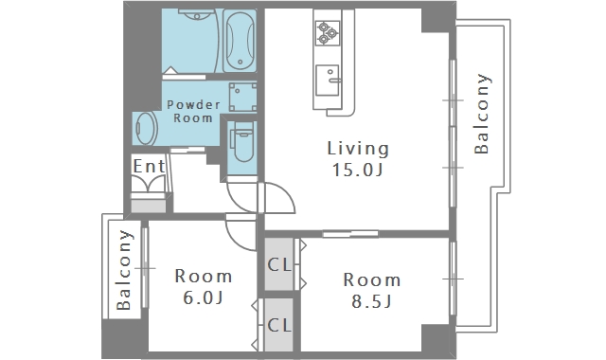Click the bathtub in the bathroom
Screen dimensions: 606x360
point(240,41)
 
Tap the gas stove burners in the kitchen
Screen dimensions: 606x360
point(328,33)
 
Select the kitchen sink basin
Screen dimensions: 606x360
point(328,81)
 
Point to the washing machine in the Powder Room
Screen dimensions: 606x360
point(242,97)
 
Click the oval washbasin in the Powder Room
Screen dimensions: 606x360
point(145,129)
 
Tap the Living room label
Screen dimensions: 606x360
point(358,149)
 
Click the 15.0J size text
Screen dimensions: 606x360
point(358,170)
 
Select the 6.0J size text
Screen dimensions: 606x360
point(203,297)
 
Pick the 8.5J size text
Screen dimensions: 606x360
point(371,301)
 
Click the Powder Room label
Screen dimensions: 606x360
point(193,111)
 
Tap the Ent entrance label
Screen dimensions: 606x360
point(149,167)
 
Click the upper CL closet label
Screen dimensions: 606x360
point(279,265)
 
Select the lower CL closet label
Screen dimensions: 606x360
point(279,325)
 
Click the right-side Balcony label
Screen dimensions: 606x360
point(482,114)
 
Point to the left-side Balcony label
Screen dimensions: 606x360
point(124,270)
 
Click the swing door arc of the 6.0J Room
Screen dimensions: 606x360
point(234,241)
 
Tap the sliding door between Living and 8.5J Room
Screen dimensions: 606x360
point(350,234)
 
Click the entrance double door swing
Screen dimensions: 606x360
point(149,182)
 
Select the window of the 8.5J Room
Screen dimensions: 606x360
point(453,279)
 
